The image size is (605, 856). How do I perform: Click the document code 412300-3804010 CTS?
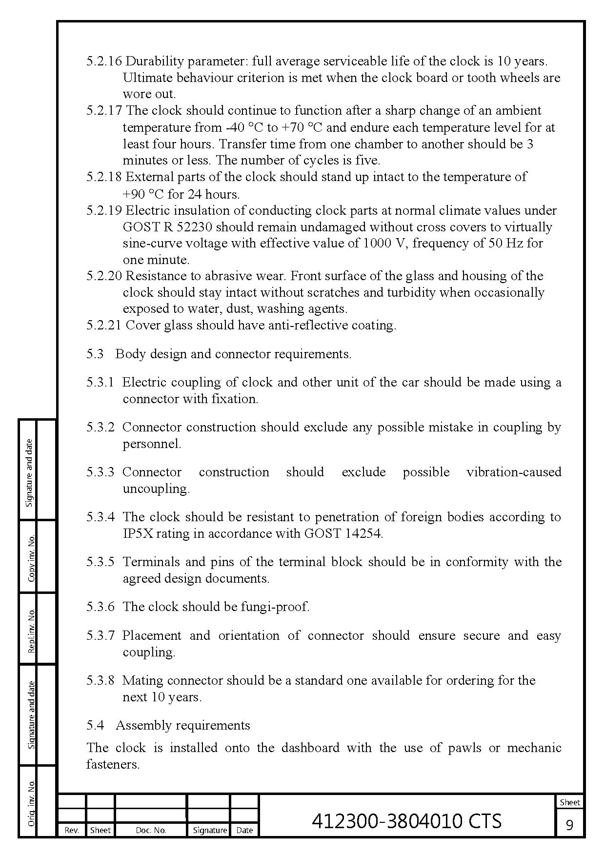[406, 820]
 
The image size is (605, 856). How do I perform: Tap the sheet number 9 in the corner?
[569, 825]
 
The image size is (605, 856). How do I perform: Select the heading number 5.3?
[95, 354]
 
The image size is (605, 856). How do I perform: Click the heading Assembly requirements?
[182, 725]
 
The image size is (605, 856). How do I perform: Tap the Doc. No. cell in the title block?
[151, 830]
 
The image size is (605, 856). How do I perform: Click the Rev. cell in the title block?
[72, 830]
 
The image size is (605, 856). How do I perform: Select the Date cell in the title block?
[244, 830]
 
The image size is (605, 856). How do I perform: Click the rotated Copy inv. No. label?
[31, 558]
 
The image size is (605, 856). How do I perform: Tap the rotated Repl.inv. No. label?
[31, 630]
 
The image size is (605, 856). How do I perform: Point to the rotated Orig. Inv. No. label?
[31, 803]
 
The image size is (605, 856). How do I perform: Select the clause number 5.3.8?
[101, 680]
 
